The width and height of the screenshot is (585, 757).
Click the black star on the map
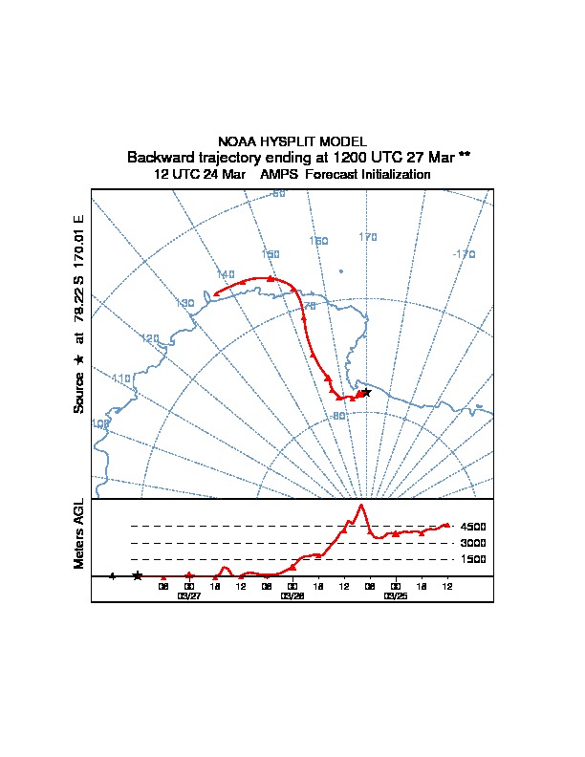[x=366, y=392]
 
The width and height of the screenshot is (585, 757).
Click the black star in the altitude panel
[x=138, y=575]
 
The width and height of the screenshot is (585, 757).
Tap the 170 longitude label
[x=368, y=237]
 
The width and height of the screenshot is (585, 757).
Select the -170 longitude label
[x=464, y=254]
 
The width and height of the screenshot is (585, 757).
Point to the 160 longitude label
[x=319, y=241]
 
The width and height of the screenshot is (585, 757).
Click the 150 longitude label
[x=271, y=254]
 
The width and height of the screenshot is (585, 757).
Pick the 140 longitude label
[x=226, y=274]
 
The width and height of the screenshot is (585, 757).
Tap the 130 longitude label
[x=185, y=303]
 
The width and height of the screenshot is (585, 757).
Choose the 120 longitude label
[x=150, y=338]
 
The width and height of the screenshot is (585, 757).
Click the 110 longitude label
[x=121, y=378]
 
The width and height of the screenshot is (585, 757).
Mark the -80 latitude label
[x=337, y=416]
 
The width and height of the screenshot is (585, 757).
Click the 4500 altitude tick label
[x=473, y=527]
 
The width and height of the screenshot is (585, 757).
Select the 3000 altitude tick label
[x=473, y=543]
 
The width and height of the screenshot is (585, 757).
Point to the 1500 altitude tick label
[x=473, y=559]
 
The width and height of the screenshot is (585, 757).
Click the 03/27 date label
[x=189, y=595]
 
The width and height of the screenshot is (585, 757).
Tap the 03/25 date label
[x=395, y=595]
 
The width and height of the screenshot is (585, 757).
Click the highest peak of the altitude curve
[x=360, y=504]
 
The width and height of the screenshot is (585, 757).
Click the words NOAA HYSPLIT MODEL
[x=292, y=141]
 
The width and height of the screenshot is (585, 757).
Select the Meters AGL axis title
[x=78, y=534]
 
